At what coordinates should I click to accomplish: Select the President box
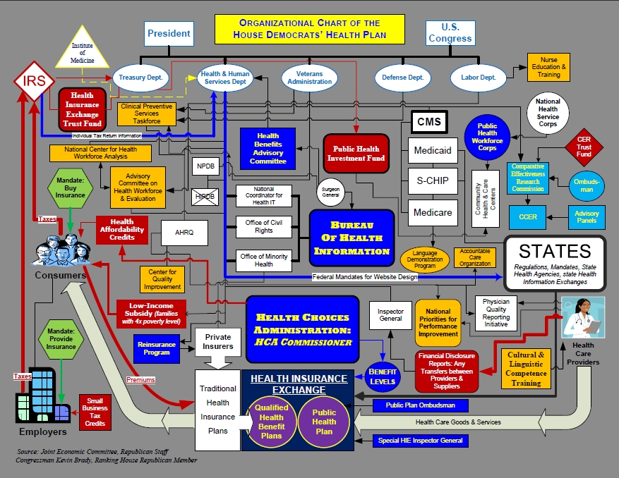[x=169, y=33]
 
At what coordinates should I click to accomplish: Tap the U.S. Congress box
[x=450, y=32]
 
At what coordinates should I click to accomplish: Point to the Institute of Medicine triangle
[x=82, y=52]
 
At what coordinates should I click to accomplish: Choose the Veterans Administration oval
[x=309, y=78]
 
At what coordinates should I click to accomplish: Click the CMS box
[x=428, y=122]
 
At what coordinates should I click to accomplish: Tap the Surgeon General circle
[x=328, y=192]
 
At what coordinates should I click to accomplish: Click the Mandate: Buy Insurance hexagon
[x=70, y=188]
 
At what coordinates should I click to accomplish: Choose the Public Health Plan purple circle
[x=324, y=422]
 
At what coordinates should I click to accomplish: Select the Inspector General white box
[x=390, y=315]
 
